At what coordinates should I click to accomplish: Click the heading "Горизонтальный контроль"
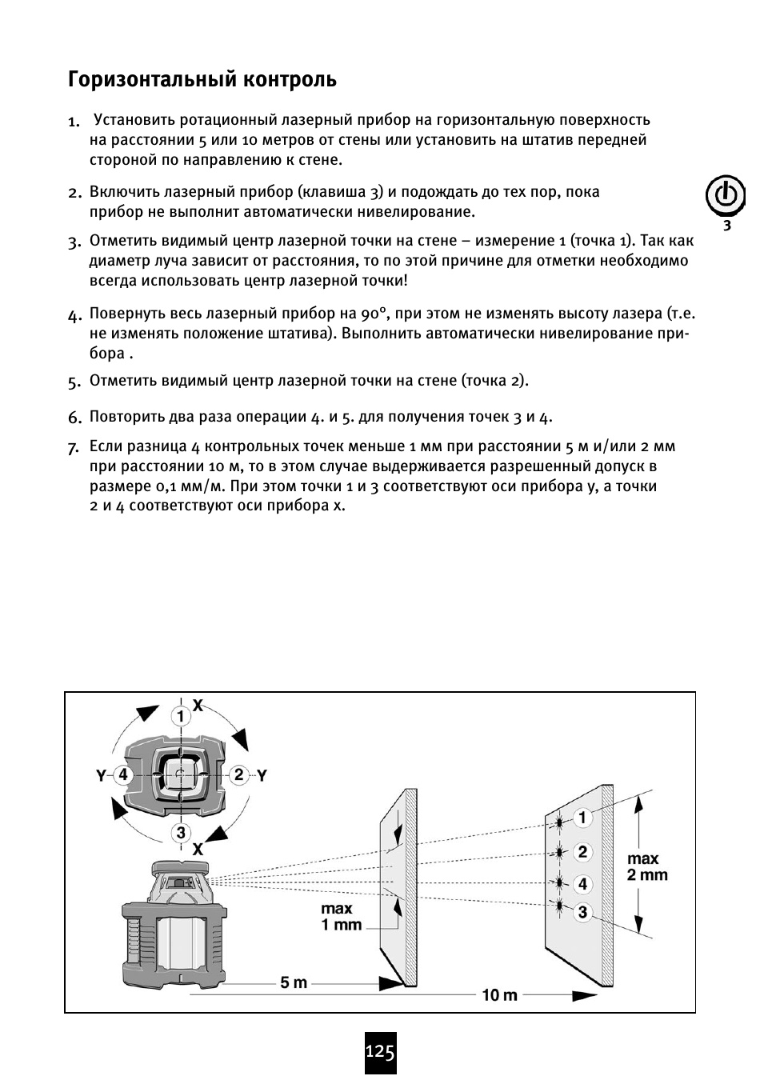point(202,80)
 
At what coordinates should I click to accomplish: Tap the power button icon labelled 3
point(725,196)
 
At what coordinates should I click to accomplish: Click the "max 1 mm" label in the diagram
point(341,917)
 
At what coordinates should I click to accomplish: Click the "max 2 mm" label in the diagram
point(646,866)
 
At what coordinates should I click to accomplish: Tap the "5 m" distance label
point(294,982)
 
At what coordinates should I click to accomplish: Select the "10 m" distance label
point(499,994)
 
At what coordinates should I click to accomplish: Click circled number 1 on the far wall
point(582,818)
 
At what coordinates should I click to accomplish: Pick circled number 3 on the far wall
point(582,912)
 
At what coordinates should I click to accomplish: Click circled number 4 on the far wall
point(582,883)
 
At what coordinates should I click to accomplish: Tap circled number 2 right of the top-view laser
point(238,774)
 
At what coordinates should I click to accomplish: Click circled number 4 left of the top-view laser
point(122,774)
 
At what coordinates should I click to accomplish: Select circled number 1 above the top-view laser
point(181,714)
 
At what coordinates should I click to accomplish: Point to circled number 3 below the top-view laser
point(181,833)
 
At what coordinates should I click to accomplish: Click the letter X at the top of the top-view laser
point(198,705)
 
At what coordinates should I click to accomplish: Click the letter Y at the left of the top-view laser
point(102,775)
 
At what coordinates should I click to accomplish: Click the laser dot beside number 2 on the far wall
point(559,852)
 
